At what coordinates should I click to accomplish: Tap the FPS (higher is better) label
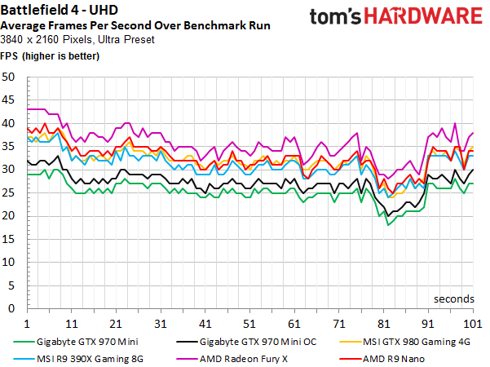pyautogui.click(x=51, y=56)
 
